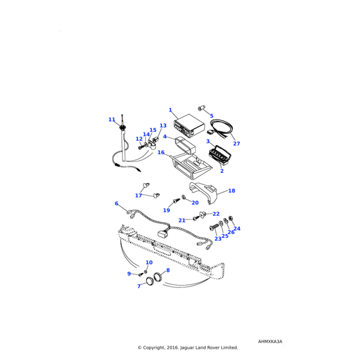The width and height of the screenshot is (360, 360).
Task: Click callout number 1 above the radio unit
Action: (x=170, y=110)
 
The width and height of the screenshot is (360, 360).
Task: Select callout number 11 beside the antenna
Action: (x=112, y=120)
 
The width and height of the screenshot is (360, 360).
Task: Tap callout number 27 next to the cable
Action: (x=236, y=144)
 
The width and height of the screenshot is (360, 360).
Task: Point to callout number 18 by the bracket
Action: (x=232, y=191)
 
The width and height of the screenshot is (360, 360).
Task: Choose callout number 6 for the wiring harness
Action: (x=116, y=204)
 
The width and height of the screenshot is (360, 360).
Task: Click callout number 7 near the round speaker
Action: (x=139, y=286)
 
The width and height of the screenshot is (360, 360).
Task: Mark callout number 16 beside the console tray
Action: (x=161, y=153)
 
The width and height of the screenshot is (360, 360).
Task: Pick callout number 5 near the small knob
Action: (x=211, y=115)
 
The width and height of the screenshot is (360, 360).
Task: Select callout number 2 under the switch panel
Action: (x=221, y=171)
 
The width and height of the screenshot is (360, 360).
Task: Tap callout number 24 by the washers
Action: (x=236, y=229)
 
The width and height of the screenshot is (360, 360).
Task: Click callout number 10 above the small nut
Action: (x=149, y=263)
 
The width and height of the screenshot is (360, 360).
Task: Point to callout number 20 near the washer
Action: (x=195, y=203)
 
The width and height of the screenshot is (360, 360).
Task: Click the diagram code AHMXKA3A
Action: (x=270, y=341)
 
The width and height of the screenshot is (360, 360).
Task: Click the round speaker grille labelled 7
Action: (x=146, y=280)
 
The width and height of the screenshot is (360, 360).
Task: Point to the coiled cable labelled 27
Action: (x=223, y=127)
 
